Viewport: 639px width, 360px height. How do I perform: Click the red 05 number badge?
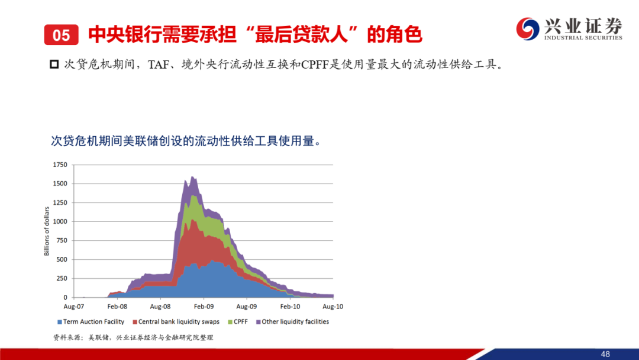click(x=61, y=35)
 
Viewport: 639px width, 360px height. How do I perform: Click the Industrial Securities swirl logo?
click(x=528, y=28)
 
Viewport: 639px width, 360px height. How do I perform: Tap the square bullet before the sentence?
click(x=54, y=65)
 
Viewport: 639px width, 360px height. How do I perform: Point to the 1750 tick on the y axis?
click(x=60, y=165)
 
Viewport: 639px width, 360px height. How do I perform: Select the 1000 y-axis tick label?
click(x=60, y=221)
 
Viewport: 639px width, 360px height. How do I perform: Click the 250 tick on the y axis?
click(x=62, y=278)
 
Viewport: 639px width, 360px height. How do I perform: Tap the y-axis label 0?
click(x=65, y=298)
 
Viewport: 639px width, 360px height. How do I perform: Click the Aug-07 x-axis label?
click(x=74, y=307)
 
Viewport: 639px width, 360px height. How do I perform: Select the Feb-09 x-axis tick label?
click(x=204, y=307)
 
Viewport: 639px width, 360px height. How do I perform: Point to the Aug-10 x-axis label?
click(x=333, y=307)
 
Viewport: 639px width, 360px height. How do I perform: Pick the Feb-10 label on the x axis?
click(x=290, y=307)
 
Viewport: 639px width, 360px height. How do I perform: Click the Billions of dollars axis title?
click(x=47, y=231)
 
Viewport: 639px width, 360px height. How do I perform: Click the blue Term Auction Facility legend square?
click(x=60, y=322)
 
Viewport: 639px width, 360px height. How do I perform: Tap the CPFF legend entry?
click(x=238, y=322)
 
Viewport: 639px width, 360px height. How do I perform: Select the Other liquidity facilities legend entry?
click(x=292, y=322)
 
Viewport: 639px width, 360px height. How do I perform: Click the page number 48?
click(x=605, y=354)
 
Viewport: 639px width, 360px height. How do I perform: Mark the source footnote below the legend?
click(x=133, y=337)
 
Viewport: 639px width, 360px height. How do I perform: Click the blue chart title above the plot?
click(x=186, y=141)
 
